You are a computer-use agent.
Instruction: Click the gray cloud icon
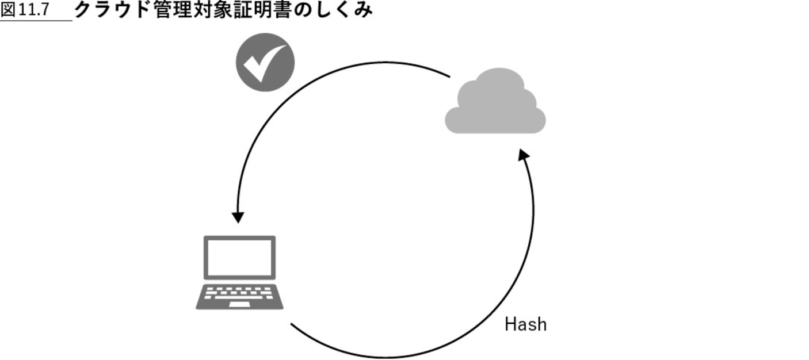[495, 104]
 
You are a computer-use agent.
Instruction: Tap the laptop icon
[239, 273]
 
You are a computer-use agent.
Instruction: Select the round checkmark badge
[265, 62]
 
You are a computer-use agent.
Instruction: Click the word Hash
[525, 324]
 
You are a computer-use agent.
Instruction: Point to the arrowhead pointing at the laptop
[238, 217]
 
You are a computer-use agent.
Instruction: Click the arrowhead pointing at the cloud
[523, 156]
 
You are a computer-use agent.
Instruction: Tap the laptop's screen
[239, 258]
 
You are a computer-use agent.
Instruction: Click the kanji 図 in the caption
[8, 10]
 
